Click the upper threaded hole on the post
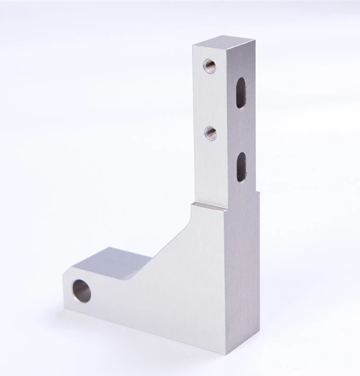pyautogui.click(x=208, y=65)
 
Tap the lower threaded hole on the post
pyautogui.click(x=210, y=133)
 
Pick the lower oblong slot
pyautogui.click(x=241, y=166)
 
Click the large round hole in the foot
pyautogui.click(x=81, y=291)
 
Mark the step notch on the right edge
pyautogui.click(x=259, y=192)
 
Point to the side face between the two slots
pyautogui.click(x=241, y=129)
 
